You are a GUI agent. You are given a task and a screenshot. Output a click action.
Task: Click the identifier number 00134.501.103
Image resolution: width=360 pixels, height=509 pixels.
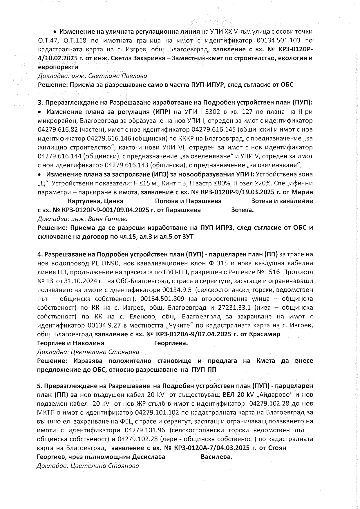[277, 40]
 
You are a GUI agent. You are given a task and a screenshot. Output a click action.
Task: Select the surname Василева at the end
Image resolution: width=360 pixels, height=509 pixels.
[216, 457]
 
